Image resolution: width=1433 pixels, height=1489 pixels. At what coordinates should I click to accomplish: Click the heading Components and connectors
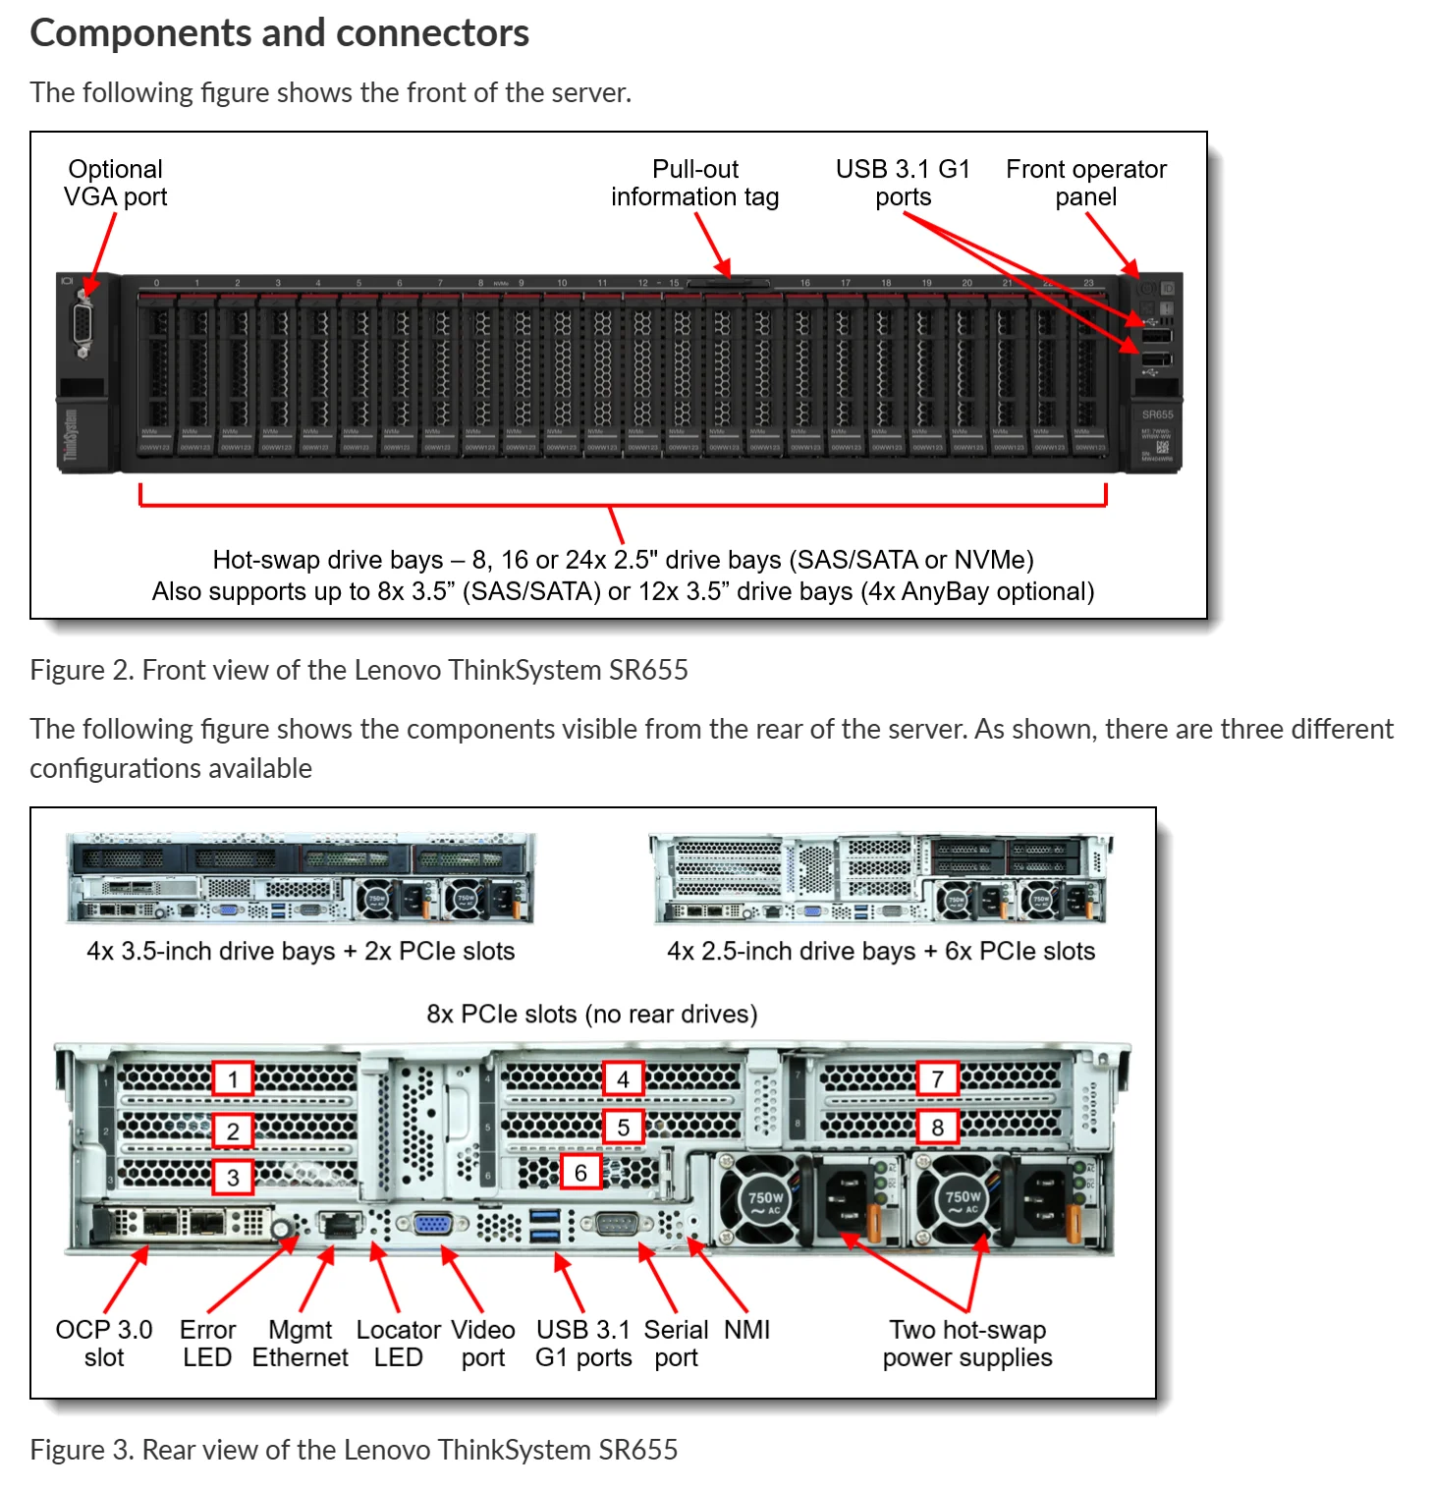point(280,33)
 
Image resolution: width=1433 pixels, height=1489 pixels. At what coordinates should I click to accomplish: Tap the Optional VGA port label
point(116,183)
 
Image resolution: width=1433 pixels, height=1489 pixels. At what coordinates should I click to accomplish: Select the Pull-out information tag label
point(695,183)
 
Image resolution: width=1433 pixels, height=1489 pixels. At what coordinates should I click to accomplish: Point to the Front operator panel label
point(1086,183)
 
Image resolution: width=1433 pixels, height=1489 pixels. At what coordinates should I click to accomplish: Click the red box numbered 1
point(233,1078)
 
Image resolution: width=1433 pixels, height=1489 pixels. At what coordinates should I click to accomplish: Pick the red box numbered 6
point(580,1172)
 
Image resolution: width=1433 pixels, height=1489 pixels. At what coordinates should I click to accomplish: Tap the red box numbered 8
point(937,1127)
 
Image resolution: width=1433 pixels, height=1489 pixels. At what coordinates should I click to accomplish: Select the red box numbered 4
point(623,1078)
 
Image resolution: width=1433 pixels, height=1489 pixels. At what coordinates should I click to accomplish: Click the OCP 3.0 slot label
point(104,1344)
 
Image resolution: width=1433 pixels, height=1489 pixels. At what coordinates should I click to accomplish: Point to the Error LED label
point(207,1344)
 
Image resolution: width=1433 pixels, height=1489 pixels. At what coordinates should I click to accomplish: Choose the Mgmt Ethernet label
point(300,1344)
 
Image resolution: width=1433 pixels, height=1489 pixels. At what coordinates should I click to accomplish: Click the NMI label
point(746,1330)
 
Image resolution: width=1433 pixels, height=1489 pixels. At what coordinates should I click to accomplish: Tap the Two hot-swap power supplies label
point(967,1344)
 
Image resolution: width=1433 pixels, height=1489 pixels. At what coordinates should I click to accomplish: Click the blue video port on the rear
point(431,1224)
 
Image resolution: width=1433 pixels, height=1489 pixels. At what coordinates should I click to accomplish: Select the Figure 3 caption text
point(354,1450)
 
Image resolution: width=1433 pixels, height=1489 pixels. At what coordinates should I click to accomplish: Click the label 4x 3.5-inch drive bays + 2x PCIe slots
point(301,951)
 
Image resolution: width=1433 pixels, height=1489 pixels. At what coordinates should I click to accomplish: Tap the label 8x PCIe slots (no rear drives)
point(592,1014)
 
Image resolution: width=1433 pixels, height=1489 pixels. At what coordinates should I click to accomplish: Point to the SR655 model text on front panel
point(1158,414)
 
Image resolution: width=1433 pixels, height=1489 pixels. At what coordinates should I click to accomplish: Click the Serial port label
point(676,1344)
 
